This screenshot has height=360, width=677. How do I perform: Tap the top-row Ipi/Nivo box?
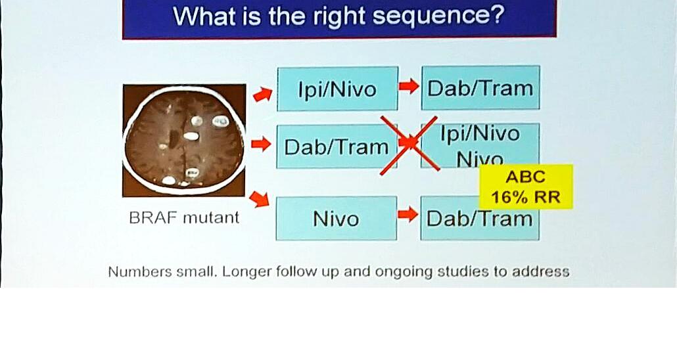tap(337, 89)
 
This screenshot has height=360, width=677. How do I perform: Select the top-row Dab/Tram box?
tap(480, 87)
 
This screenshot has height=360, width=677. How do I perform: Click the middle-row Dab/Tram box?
tap(337, 146)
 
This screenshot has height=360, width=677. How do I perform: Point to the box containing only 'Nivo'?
tap(336, 218)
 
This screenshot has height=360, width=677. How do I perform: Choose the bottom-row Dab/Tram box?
tap(480, 218)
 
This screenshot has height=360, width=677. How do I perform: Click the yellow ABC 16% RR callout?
tap(526, 187)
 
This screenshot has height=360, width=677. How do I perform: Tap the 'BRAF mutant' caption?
tap(184, 217)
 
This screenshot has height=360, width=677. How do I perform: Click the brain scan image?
tap(184, 141)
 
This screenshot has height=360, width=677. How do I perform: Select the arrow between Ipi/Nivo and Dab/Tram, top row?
tap(409, 86)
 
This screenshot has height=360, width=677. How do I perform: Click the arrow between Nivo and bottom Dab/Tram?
tap(408, 215)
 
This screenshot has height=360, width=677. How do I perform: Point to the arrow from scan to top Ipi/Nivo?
tap(262, 94)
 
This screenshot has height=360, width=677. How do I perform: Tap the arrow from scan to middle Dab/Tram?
tap(261, 144)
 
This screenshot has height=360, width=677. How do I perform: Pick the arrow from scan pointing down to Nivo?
tap(259, 199)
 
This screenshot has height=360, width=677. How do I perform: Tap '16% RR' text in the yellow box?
tap(526, 197)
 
